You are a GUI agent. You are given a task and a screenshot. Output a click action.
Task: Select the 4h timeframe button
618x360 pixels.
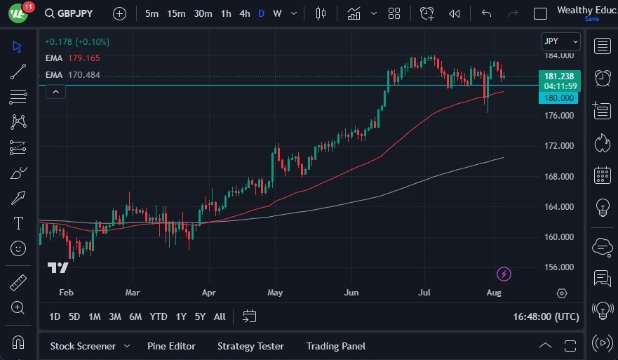coord(244,13)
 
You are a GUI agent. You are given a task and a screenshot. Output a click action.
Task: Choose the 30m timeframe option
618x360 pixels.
coord(203,13)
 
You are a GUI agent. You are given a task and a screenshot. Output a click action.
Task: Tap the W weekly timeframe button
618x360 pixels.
coord(277,13)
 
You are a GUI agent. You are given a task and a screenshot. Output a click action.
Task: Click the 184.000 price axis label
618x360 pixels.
coord(560,55)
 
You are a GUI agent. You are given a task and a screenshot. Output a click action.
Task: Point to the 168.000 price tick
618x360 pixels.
coord(560,176)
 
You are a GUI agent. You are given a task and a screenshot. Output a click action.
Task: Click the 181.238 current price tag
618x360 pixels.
coord(558,76)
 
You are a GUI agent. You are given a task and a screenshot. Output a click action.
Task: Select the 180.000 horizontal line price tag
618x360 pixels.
coord(559,98)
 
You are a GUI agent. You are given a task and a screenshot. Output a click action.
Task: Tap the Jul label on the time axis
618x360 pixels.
coord(423,293)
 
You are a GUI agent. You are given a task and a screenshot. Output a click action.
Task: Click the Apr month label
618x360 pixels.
coord(208,293)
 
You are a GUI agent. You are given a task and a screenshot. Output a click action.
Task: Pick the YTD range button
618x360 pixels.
coord(159,316)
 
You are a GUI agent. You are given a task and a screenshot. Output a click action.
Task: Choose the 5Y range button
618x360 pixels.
coord(200,316)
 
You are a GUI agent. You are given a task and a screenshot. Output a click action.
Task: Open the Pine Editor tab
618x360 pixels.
coord(171,346)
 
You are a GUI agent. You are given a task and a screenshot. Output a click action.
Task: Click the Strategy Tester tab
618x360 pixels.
coord(250,346)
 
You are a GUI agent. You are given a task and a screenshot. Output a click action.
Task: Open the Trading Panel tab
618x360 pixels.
coord(335,346)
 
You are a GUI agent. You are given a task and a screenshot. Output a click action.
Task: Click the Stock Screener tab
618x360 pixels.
coord(83,346)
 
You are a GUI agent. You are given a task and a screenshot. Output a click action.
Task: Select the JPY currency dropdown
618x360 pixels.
coord(560,41)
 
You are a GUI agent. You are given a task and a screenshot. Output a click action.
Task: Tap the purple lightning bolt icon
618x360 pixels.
coord(504,274)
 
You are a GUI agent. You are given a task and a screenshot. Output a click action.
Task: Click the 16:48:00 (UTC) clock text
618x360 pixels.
coord(546,316)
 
